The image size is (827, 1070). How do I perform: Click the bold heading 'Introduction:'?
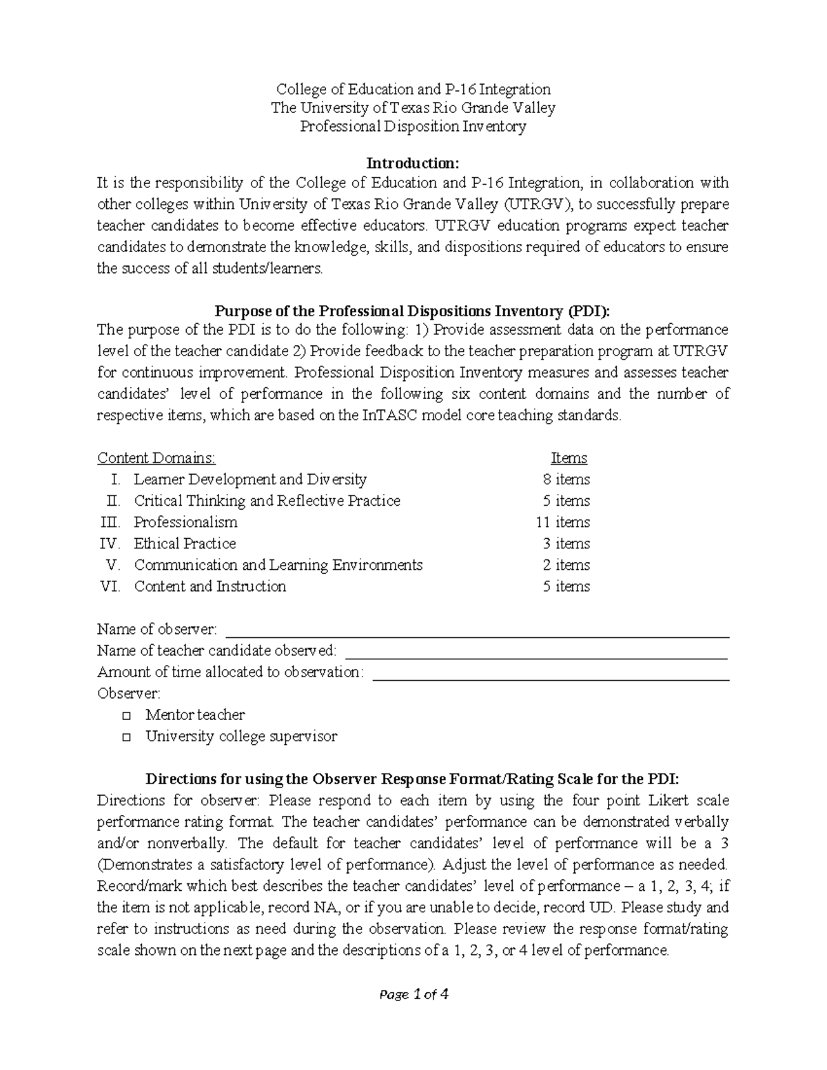[412, 163]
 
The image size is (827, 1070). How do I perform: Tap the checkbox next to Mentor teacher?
[126, 716]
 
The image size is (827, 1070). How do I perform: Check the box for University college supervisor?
[126, 737]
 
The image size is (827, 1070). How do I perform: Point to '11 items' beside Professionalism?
[562, 522]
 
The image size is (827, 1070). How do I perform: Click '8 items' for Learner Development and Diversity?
[566, 480]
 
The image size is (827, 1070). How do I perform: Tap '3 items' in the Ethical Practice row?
[566, 544]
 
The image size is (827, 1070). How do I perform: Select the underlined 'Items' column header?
[569, 458]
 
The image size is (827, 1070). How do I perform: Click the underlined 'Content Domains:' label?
[156, 458]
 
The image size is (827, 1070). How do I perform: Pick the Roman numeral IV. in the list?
[110, 544]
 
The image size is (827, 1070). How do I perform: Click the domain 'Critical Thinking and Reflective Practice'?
[267, 501]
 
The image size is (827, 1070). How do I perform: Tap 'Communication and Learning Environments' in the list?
[278, 565]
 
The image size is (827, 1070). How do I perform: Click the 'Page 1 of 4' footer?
[413, 994]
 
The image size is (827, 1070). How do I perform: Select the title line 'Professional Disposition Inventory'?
[413, 127]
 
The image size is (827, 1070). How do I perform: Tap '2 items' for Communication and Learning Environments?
[566, 565]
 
